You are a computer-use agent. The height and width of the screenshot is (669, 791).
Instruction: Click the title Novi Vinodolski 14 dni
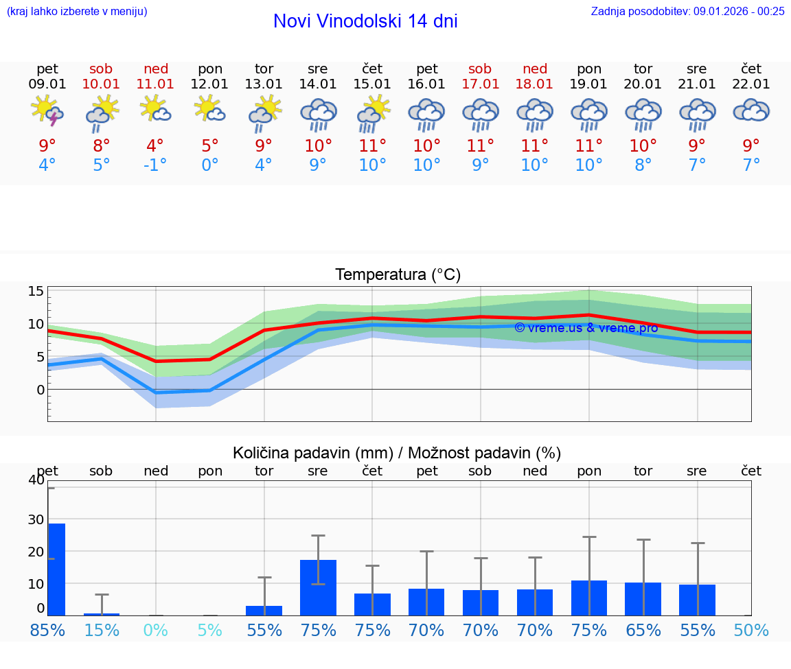click(365, 21)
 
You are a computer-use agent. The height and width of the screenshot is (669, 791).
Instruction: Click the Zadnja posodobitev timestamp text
click(687, 11)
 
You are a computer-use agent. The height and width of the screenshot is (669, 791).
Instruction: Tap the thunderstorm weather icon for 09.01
click(47, 111)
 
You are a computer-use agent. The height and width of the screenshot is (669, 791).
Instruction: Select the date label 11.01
click(155, 84)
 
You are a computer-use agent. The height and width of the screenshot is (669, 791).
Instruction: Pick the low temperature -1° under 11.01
click(155, 166)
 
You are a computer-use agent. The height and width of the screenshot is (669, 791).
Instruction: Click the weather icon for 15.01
click(372, 113)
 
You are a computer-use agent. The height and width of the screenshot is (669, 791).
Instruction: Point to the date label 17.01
click(480, 84)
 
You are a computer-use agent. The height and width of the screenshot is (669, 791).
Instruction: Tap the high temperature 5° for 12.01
click(210, 146)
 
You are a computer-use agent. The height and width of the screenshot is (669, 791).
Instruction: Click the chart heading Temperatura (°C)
click(398, 275)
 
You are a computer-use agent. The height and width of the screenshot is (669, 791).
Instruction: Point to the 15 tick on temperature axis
click(36, 291)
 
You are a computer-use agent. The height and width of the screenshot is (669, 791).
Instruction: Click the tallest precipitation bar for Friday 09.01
click(56, 570)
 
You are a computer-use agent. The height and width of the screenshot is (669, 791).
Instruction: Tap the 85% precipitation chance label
click(47, 630)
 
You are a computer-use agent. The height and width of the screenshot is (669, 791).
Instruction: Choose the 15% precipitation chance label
click(102, 630)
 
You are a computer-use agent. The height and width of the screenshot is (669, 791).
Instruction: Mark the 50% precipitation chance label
click(751, 630)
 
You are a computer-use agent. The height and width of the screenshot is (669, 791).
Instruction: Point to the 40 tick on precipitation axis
click(36, 480)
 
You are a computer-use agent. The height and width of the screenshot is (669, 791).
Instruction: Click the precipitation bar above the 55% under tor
click(264, 611)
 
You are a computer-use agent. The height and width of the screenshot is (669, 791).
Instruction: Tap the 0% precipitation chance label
click(156, 630)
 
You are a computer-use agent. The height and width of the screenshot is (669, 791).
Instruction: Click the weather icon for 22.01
click(751, 111)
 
